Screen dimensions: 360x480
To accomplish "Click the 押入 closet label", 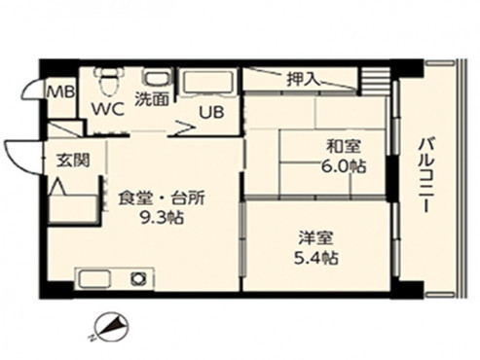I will point(303,78).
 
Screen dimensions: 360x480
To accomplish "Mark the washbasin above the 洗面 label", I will point(154,78).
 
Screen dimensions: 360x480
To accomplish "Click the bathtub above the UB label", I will point(205,83).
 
